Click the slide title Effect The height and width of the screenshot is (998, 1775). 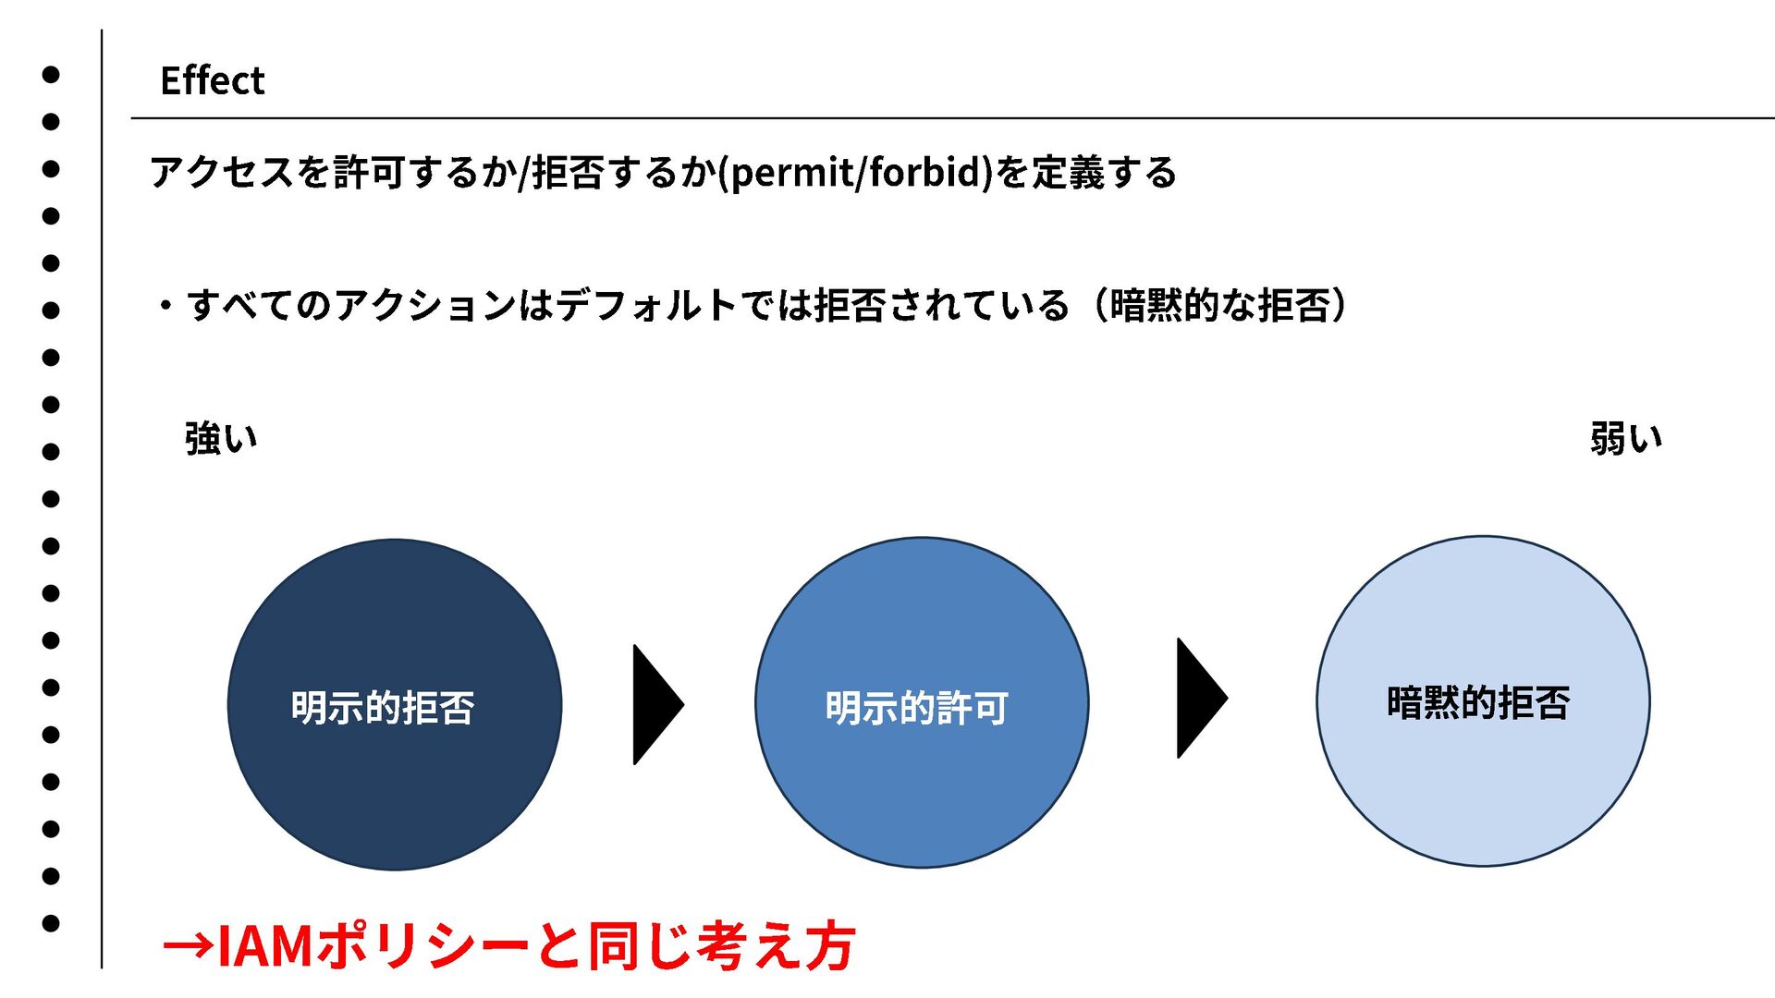(212, 80)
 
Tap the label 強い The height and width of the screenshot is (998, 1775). (221, 438)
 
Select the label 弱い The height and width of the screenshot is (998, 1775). (1625, 438)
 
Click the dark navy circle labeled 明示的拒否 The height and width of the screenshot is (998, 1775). (395, 704)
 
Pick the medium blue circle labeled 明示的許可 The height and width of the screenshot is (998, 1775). (921, 702)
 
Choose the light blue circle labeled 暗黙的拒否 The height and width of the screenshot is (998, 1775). (1482, 700)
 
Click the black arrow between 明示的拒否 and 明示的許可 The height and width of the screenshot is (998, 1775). (655, 704)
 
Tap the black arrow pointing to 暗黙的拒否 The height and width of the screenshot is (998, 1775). (1199, 698)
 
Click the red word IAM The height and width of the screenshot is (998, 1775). (264, 946)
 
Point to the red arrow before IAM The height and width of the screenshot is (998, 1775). (188, 946)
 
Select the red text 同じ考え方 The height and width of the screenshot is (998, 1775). (721, 946)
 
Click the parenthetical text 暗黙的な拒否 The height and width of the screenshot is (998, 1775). (1219, 306)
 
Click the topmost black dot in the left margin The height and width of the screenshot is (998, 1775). (51, 75)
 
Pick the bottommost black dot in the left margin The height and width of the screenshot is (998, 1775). (51, 922)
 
